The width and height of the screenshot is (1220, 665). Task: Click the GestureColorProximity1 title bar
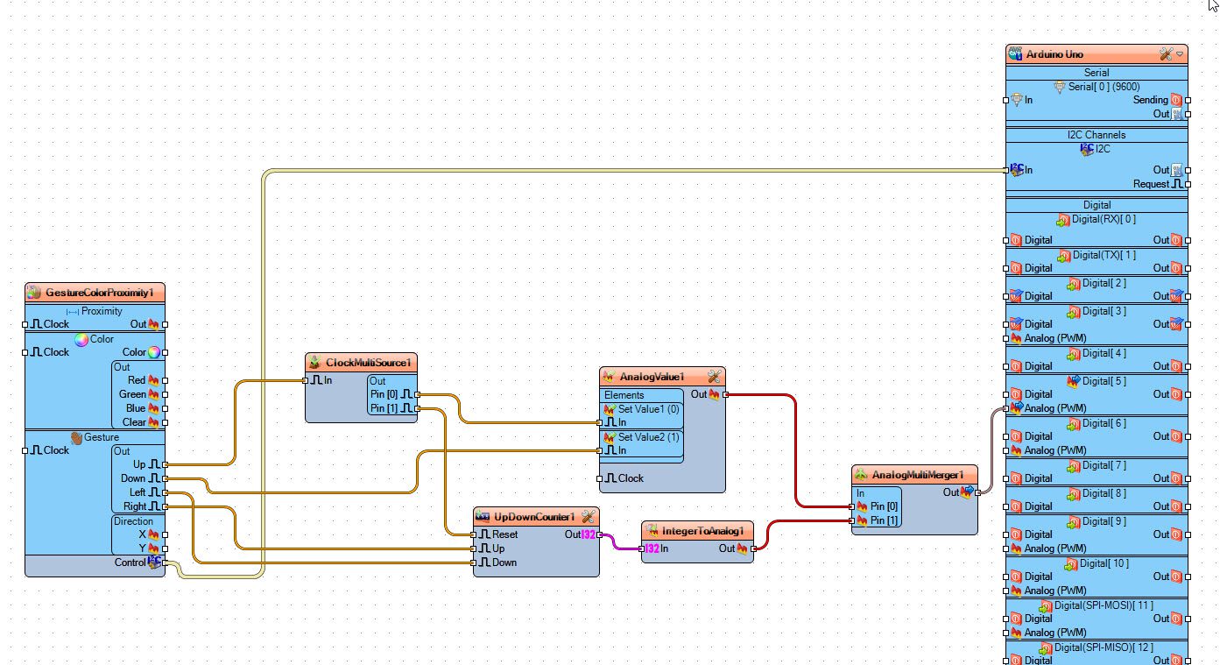pyautogui.click(x=95, y=293)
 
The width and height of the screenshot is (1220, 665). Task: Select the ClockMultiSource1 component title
pyautogui.click(x=368, y=363)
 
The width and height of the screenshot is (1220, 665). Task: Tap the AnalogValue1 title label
pyautogui.click(x=652, y=377)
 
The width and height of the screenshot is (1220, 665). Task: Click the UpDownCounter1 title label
pyautogui.click(x=534, y=517)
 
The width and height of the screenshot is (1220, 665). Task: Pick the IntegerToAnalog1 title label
pyautogui.click(x=702, y=531)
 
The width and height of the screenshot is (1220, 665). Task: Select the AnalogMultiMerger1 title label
pyautogui.click(x=918, y=475)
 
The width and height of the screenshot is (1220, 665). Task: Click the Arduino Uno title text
pyautogui.click(x=1054, y=54)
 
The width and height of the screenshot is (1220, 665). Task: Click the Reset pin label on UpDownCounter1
pyautogui.click(x=504, y=534)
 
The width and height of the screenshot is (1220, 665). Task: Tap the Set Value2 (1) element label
pyautogui.click(x=649, y=437)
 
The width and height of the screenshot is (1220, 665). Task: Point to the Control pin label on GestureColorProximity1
pyautogui.click(x=130, y=562)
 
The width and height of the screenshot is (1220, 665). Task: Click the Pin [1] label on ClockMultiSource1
pyautogui.click(x=384, y=408)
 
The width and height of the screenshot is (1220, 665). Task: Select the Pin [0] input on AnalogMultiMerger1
pyautogui.click(x=884, y=506)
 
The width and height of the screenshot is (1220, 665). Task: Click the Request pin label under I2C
pyautogui.click(x=1151, y=184)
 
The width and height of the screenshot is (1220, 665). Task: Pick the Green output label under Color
pyautogui.click(x=131, y=394)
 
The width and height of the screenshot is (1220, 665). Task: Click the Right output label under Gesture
pyautogui.click(x=135, y=506)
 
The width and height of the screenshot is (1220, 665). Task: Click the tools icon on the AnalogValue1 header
pyautogui.click(x=714, y=377)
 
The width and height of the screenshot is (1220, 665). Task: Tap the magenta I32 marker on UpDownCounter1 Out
pyautogui.click(x=589, y=534)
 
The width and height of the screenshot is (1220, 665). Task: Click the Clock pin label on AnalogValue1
pyautogui.click(x=631, y=478)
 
